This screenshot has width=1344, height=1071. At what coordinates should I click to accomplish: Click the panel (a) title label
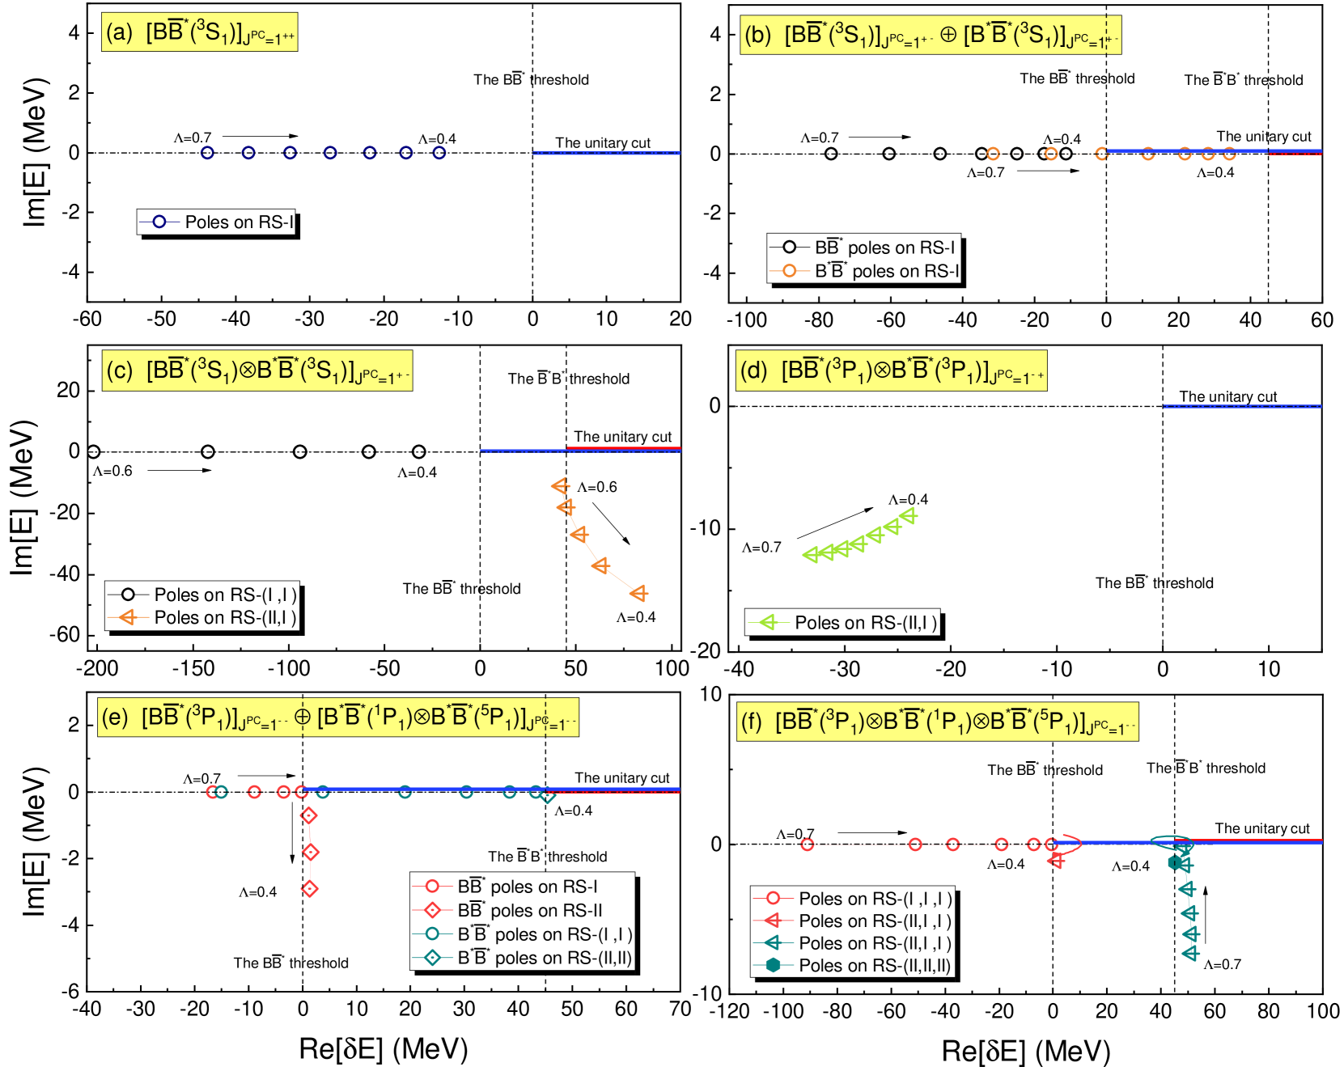click(199, 32)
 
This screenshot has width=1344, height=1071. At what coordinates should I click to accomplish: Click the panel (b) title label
click(930, 36)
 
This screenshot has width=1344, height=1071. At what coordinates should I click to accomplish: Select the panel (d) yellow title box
click(891, 370)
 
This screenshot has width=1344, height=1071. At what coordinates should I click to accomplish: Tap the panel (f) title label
click(937, 722)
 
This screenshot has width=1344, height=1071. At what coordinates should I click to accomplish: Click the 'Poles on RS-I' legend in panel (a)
click(216, 222)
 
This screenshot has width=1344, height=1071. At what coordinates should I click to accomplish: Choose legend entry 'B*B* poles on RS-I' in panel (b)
click(864, 271)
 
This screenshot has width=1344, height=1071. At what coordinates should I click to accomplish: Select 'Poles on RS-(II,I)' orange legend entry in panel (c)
click(202, 618)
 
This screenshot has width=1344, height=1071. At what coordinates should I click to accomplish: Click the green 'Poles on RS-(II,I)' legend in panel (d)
click(842, 622)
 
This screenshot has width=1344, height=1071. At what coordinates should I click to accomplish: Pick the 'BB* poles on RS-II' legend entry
click(522, 911)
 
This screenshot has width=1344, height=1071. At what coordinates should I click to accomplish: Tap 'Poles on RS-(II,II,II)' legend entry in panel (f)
click(853, 965)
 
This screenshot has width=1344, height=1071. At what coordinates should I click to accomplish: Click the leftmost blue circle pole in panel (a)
click(207, 152)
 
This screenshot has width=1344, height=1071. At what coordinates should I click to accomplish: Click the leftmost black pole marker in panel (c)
click(93, 451)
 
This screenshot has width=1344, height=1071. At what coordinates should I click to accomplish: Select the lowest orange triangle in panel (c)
click(639, 594)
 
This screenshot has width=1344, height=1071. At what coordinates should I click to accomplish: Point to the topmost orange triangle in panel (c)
click(560, 486)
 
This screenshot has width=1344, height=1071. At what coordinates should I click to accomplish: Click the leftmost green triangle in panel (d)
click(810, 554)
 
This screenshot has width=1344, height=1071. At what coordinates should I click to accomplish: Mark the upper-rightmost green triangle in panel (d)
click(909, 515)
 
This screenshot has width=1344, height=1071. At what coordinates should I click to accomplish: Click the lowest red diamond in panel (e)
click(309, 889)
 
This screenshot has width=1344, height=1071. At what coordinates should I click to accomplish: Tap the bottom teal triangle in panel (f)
click(1190, 954)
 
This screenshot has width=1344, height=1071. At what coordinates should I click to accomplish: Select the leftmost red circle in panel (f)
click(807, 845)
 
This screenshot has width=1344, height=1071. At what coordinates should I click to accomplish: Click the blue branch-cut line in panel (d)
click(1242, 406)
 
